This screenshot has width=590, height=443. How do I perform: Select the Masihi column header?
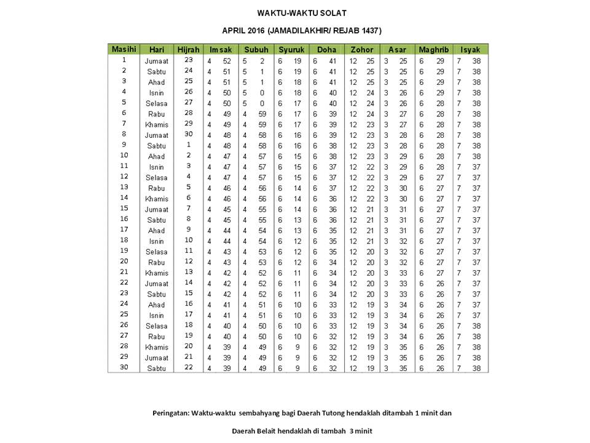click(x=124, y=49)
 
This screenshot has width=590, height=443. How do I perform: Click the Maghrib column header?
click(x=434, y=49)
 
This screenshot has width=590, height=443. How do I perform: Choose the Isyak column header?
click(x=470, y=49)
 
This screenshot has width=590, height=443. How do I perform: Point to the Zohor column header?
click(x=362, y=49)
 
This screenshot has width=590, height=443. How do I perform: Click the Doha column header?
click(x=326, y=49)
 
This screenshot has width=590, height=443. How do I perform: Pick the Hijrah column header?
click(x=188, y=49)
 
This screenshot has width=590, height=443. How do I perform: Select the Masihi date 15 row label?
click(x=124, y=208)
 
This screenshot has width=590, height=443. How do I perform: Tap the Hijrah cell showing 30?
click(x=188, y=134)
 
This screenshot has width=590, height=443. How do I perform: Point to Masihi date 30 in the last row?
click(x=124, y=367)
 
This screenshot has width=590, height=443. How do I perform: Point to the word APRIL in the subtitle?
click(x=234, y=30)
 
